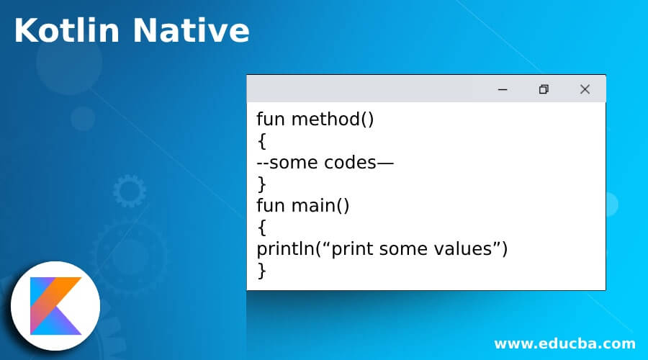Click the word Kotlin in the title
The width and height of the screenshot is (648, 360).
(x=66, y=30)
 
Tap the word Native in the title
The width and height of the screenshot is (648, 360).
(x=192, y=30)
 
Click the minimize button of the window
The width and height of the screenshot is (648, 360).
(x=503, y=89)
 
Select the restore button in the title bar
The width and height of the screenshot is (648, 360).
(x=544, y=89)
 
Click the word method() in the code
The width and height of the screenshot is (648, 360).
(x=333, y=120)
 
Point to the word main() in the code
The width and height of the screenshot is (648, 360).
(x=320, y=206)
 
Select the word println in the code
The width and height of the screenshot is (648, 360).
(x=286, y=249)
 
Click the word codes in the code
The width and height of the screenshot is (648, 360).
(x=351, y=163)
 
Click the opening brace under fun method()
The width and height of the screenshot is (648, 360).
(x=261, y=141)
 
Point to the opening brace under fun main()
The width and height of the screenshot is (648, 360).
(x=261, y=228)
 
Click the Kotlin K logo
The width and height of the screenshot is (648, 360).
(x=55, y=306)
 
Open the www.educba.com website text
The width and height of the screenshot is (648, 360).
(x=564, y=343)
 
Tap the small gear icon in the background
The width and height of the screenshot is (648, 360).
(x=130, y=191)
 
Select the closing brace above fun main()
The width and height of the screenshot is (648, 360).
(x=261, y=184)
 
